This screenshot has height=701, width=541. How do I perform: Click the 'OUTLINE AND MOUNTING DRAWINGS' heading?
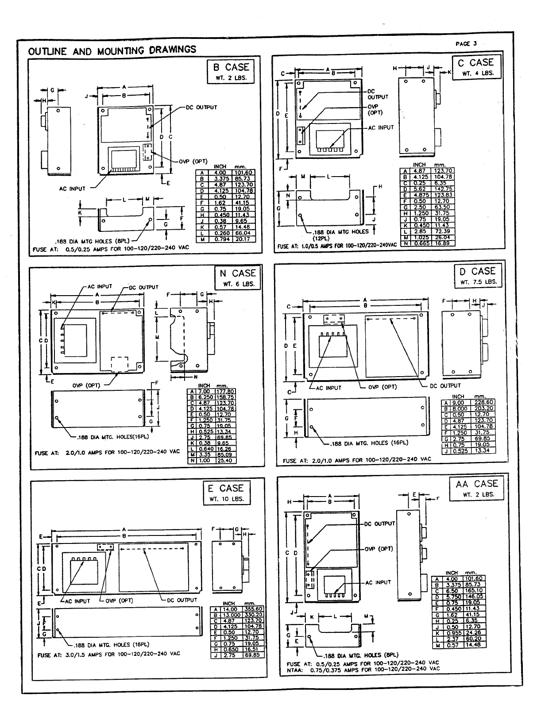(x=112, y=50)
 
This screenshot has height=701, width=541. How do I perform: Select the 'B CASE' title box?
(x=231, y=71)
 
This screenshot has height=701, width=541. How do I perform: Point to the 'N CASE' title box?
(x=238, y=277)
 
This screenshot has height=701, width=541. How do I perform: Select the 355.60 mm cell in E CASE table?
(x=253, y=609)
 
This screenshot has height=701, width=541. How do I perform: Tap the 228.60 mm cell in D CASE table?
(x=483, y=402)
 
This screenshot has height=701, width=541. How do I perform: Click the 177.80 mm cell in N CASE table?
(x=225, y=392)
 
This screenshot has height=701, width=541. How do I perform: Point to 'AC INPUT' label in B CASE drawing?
(x=72, y=189)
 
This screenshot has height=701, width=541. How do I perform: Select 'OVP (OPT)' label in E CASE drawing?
(x=119, y=601)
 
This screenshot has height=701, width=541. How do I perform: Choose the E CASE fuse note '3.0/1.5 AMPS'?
(x=109, y=654)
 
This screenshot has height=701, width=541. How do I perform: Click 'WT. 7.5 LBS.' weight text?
(x=479, y=282)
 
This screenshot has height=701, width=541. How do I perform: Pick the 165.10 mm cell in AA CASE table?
(x=474, y=590)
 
